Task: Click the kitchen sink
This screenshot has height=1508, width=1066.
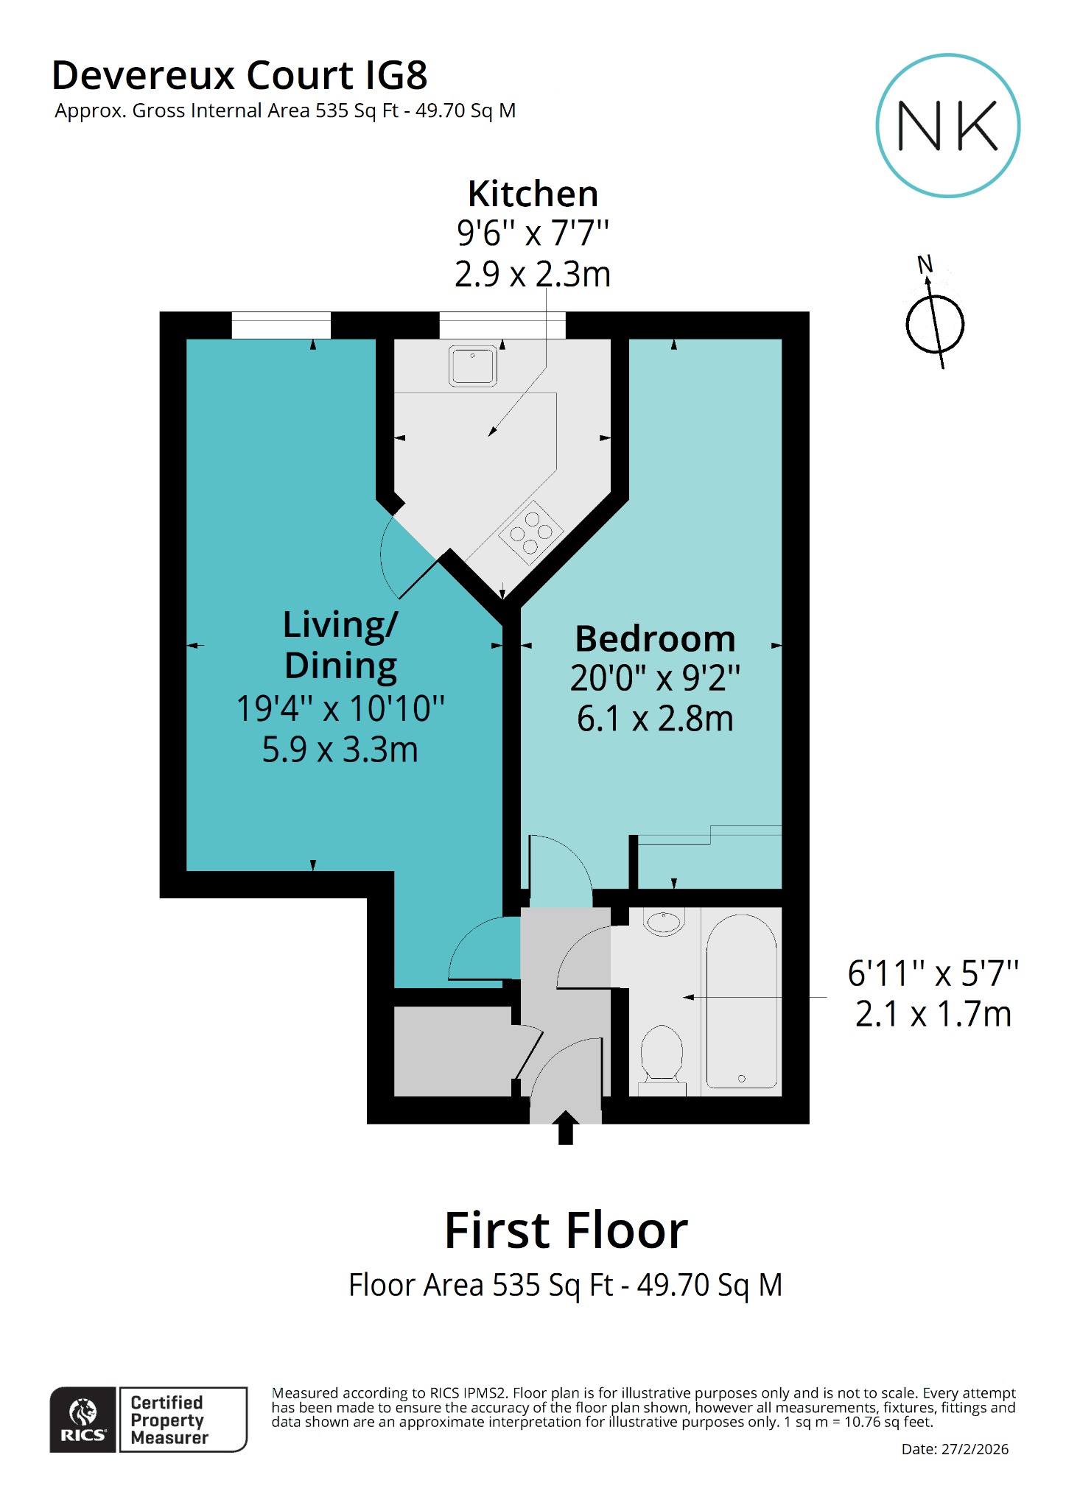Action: click(473, 367)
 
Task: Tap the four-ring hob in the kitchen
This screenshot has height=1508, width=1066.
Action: click(531, 532)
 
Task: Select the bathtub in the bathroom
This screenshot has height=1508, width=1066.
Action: click(741, 1001)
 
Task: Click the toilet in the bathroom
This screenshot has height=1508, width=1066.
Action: click(662, 1053)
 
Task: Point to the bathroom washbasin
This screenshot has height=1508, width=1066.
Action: click(664, 922)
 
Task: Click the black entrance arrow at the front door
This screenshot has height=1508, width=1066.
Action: click(566, 1127)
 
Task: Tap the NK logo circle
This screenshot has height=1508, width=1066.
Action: click(947, 126)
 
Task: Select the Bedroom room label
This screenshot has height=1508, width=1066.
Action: click(655, 638)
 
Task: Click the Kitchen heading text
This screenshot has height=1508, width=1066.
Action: click(533, 194)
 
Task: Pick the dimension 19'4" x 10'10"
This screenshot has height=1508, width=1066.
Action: click(340, 708)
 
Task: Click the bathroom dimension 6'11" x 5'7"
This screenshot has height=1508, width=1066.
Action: click(933, 973)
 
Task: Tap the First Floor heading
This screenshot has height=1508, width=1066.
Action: click(566, 1231)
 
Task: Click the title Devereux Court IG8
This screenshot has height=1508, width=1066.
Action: click(239, 75)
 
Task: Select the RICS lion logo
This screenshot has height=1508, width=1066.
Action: click(83, 1419)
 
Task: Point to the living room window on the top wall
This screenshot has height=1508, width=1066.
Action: click(281, 325)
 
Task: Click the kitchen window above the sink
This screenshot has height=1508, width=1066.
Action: click(502, 325)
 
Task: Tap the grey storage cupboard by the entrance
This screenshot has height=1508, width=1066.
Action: click(453, 1051)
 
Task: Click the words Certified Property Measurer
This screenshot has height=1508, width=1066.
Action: click(169, 1420)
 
